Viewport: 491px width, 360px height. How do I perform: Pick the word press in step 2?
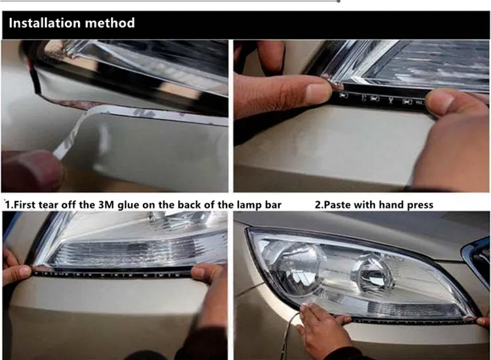(x=420, y=206)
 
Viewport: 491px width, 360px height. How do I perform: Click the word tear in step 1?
(x=48, y=205)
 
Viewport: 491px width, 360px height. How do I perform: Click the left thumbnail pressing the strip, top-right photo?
(x=317, y=92)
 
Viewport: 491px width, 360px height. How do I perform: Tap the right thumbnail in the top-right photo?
(x=439, y=100)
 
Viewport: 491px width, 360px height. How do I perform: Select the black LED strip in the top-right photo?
(x=382, y=98)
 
